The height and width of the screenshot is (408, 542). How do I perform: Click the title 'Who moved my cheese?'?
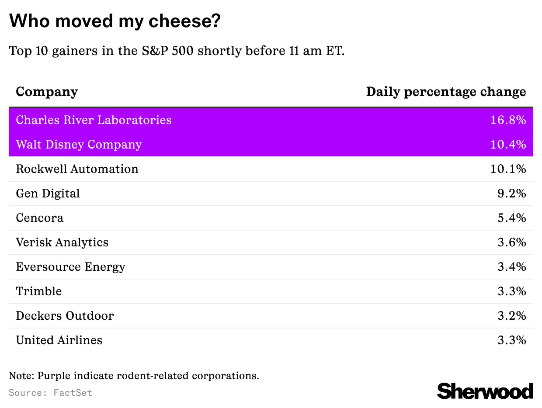(x=115, y=21)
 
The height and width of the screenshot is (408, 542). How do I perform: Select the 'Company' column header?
(x=47, y=92)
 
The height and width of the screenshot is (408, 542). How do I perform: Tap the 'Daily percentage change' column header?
(x=446, y=92)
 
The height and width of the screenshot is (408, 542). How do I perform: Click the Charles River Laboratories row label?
(x=94, y=120)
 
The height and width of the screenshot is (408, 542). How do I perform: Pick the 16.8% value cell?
(x=508, y=120)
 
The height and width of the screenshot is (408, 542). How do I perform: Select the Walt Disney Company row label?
(x=79, y=145)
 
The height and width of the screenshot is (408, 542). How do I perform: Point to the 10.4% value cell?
(x=508, y=145)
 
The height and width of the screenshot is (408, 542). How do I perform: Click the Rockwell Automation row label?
(x=77, y=169)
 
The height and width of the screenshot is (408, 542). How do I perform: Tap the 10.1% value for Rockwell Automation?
(x=508, y=169)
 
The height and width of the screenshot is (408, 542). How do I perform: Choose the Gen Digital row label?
(x=48, y=194)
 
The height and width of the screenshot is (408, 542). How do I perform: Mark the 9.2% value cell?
(x=511, y=194)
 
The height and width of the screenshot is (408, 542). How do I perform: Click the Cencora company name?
(x=39, y=218)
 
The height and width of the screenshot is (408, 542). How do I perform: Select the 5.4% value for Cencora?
(x=511, y=218)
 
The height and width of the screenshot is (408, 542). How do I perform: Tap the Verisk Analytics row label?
(x=62, y=242)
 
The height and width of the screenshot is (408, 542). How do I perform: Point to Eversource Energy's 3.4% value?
(x=511, y=267)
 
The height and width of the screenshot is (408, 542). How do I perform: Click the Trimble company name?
(x=38, y=291)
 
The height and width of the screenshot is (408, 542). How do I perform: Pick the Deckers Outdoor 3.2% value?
(x=511, y=316)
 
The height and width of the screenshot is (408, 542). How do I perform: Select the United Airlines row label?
(x=59, y=340)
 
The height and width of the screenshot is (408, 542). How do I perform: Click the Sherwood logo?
(x=485, y=391)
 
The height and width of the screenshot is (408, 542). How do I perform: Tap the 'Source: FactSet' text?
(x=50, y=392)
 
